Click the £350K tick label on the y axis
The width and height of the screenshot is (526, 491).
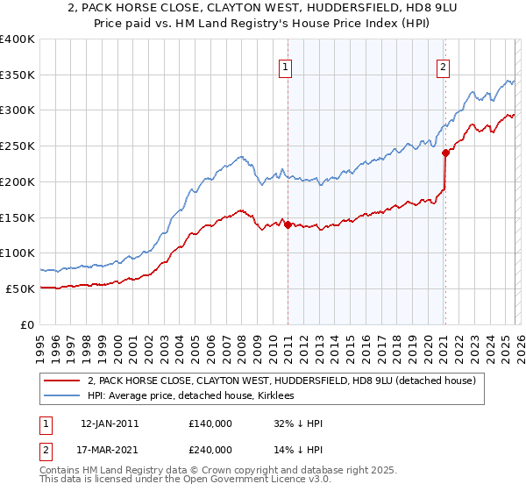pos(18,75)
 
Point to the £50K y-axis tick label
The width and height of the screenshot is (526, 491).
pos(20,288)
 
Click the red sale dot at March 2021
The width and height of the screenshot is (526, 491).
pos(445,153)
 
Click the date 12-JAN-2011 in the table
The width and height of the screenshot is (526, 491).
pos(110,423)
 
